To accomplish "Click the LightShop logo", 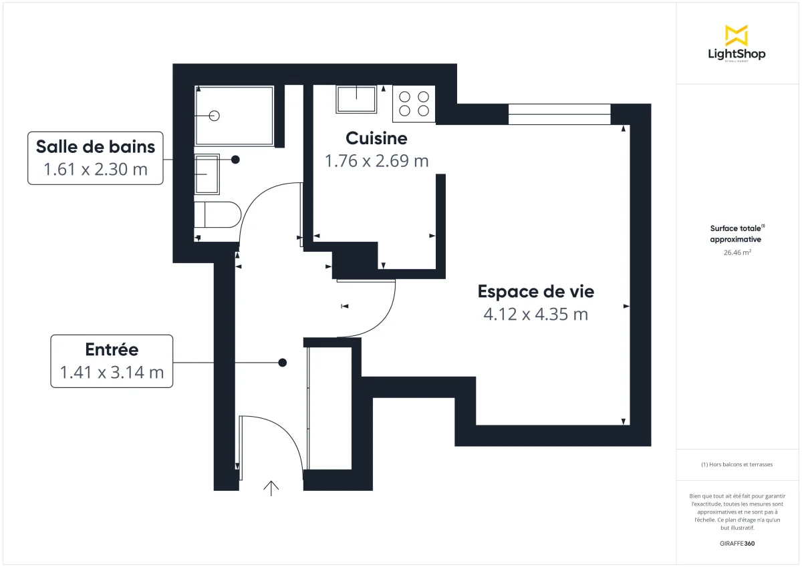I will click(736, 43).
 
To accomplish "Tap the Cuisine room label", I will click(376, 138).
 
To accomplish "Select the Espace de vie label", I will click(535, 291).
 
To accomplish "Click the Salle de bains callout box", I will click(96, 158).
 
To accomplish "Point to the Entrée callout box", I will click(112, 361).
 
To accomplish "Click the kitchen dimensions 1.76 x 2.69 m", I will click(376, 161).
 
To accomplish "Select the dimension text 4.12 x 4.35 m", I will click(535, 314).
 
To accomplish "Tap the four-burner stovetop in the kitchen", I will click(414, 104).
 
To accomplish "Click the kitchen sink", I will click(356, 100).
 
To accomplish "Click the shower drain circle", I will click(214, 116).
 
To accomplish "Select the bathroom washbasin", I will click(207, 174).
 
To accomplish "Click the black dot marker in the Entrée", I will click(283, 363).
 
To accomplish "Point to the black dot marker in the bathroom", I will click(236, 160).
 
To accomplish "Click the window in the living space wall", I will click(559, 114).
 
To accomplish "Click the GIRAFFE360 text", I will click(736, 544).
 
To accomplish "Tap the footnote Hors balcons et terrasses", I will click(736, 464).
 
